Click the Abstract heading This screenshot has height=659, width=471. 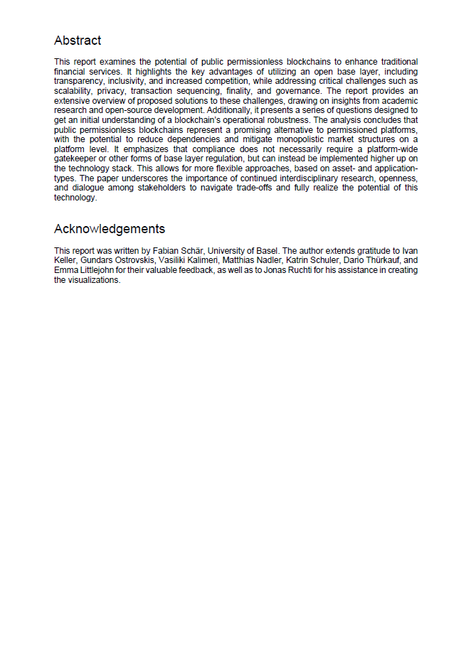pyautogui.click(x=78, y=41)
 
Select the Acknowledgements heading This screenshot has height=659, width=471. pyautogui.click(x=110, y=229)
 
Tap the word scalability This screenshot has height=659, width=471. pyautogui.click(x=75, y=91)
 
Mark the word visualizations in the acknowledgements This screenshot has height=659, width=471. pyautogui.click(x=92, y=280)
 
